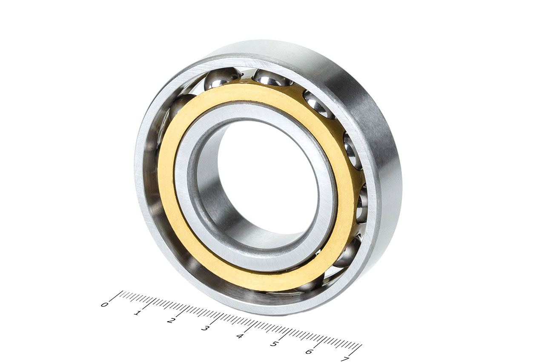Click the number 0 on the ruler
point(104,305)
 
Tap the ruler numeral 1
point(137,313)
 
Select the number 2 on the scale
point(171,321)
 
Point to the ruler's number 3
point(205,329)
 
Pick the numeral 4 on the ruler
point(240,336)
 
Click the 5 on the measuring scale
point(274,344)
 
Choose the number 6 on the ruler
point(309,352)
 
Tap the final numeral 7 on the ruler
point(345,359)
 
